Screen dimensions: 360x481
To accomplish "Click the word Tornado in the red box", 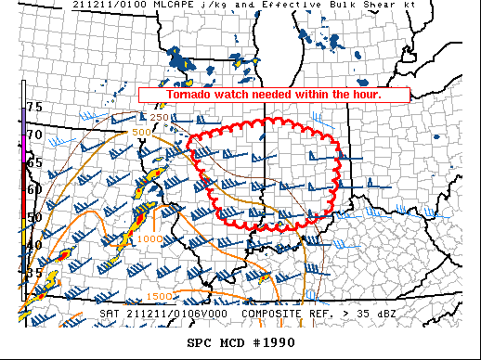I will [189, 95].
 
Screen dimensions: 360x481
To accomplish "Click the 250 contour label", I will [160, 117].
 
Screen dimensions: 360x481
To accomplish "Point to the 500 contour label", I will [142, 133].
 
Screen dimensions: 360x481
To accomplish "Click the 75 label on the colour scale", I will [34, 108].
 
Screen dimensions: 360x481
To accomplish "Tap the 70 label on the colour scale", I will [34, 135].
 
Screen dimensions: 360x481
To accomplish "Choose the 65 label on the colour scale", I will [34, 162].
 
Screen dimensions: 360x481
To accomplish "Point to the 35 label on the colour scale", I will [34, 273].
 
